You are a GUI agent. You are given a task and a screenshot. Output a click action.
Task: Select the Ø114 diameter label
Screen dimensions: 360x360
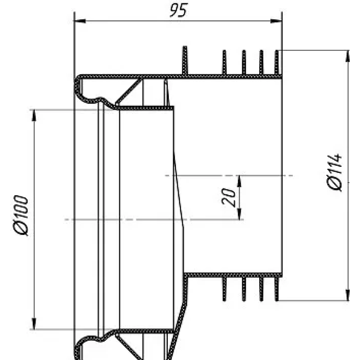pos(335,173)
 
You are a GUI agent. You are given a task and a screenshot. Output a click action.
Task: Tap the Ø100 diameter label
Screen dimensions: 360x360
pos(21,216)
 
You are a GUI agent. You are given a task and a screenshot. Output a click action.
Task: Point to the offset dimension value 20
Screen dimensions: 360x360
pos(229,197)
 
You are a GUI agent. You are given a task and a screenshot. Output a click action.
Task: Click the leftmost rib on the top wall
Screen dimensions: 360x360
pos(184,60)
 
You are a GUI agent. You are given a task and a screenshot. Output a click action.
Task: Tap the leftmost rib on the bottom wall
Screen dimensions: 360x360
pos(224,288)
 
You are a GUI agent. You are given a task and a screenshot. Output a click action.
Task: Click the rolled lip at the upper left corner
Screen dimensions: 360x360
pos(79,84)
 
